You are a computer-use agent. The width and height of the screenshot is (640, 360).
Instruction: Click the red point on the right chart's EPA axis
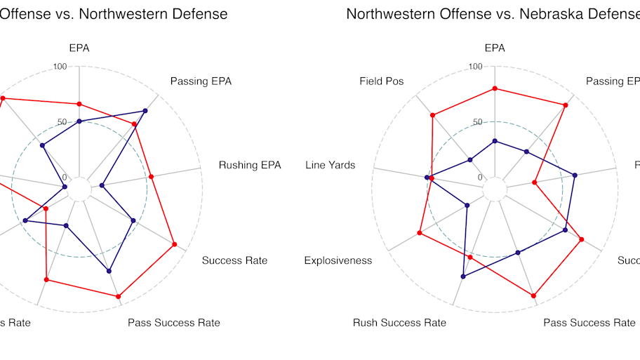495,88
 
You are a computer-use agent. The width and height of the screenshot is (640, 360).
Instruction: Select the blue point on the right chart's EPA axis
495,141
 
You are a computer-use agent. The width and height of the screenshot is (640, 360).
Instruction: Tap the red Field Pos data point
432,115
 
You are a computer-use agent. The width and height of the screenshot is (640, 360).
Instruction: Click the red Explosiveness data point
420,233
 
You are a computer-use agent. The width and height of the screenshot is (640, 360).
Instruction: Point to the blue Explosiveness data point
467,206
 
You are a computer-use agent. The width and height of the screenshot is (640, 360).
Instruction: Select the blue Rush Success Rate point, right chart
463,276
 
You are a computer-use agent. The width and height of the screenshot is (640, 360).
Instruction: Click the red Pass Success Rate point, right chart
534,296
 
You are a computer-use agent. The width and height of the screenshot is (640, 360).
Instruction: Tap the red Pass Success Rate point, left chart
119,296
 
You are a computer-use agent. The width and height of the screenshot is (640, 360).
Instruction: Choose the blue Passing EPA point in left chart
145,111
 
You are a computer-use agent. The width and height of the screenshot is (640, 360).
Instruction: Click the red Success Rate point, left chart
174,244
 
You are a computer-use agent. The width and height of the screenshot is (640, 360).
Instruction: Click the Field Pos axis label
381,81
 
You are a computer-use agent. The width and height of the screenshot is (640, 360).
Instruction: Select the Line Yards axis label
330,166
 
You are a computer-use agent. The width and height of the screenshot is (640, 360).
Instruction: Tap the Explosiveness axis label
338,261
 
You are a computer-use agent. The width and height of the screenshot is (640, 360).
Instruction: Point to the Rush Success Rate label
399,323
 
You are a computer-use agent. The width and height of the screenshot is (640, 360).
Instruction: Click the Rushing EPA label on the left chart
250,166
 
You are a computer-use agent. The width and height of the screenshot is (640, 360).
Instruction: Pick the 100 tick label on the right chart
476,67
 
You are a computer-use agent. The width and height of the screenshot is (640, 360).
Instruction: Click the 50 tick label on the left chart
62,122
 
